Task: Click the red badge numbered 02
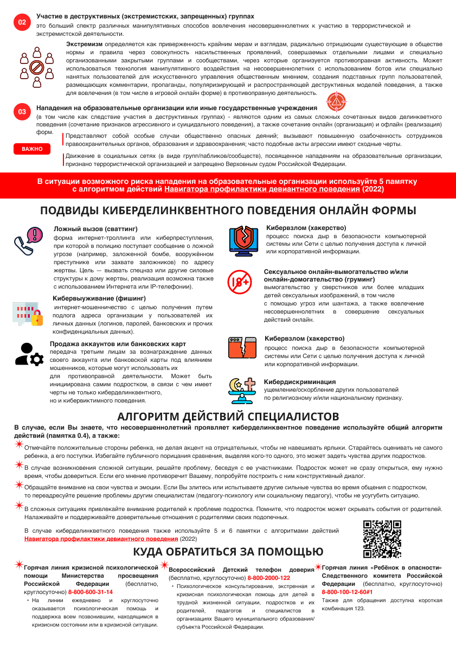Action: [x=22, y=22]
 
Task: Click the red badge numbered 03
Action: [x=22, y=112]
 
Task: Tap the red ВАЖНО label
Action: [x=32, y=149]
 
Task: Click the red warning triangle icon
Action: [x=337, y=101]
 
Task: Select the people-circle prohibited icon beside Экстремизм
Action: [x=37, y=67]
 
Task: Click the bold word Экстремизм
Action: [x=84, y=43]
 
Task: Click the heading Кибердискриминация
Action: [x=299, y=381]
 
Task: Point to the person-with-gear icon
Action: [x=29, y=354]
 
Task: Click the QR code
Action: [x=382, y=539]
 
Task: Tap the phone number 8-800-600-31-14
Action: [x=91, y=592]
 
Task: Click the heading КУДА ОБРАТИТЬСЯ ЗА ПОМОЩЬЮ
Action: [x=228, y=552]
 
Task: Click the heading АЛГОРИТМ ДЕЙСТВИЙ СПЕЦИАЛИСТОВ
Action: [x=228, y=417]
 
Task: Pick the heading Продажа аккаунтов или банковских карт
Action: [x=118, y=344]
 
